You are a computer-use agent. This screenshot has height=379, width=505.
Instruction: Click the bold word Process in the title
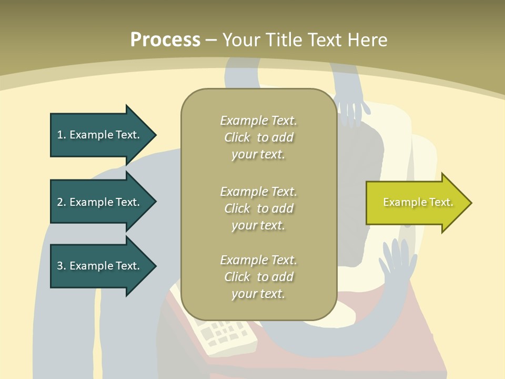click(x=165, y=40)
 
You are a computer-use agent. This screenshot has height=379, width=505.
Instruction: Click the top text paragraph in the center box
click(x=258, y=137)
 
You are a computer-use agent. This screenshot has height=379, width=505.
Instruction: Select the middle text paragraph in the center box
click(x=258, y=208)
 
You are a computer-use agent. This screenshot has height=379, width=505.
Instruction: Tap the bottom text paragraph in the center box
click(x=258, y=277)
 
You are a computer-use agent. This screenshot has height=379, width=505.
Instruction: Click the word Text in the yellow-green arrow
click(x=441, y=202)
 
